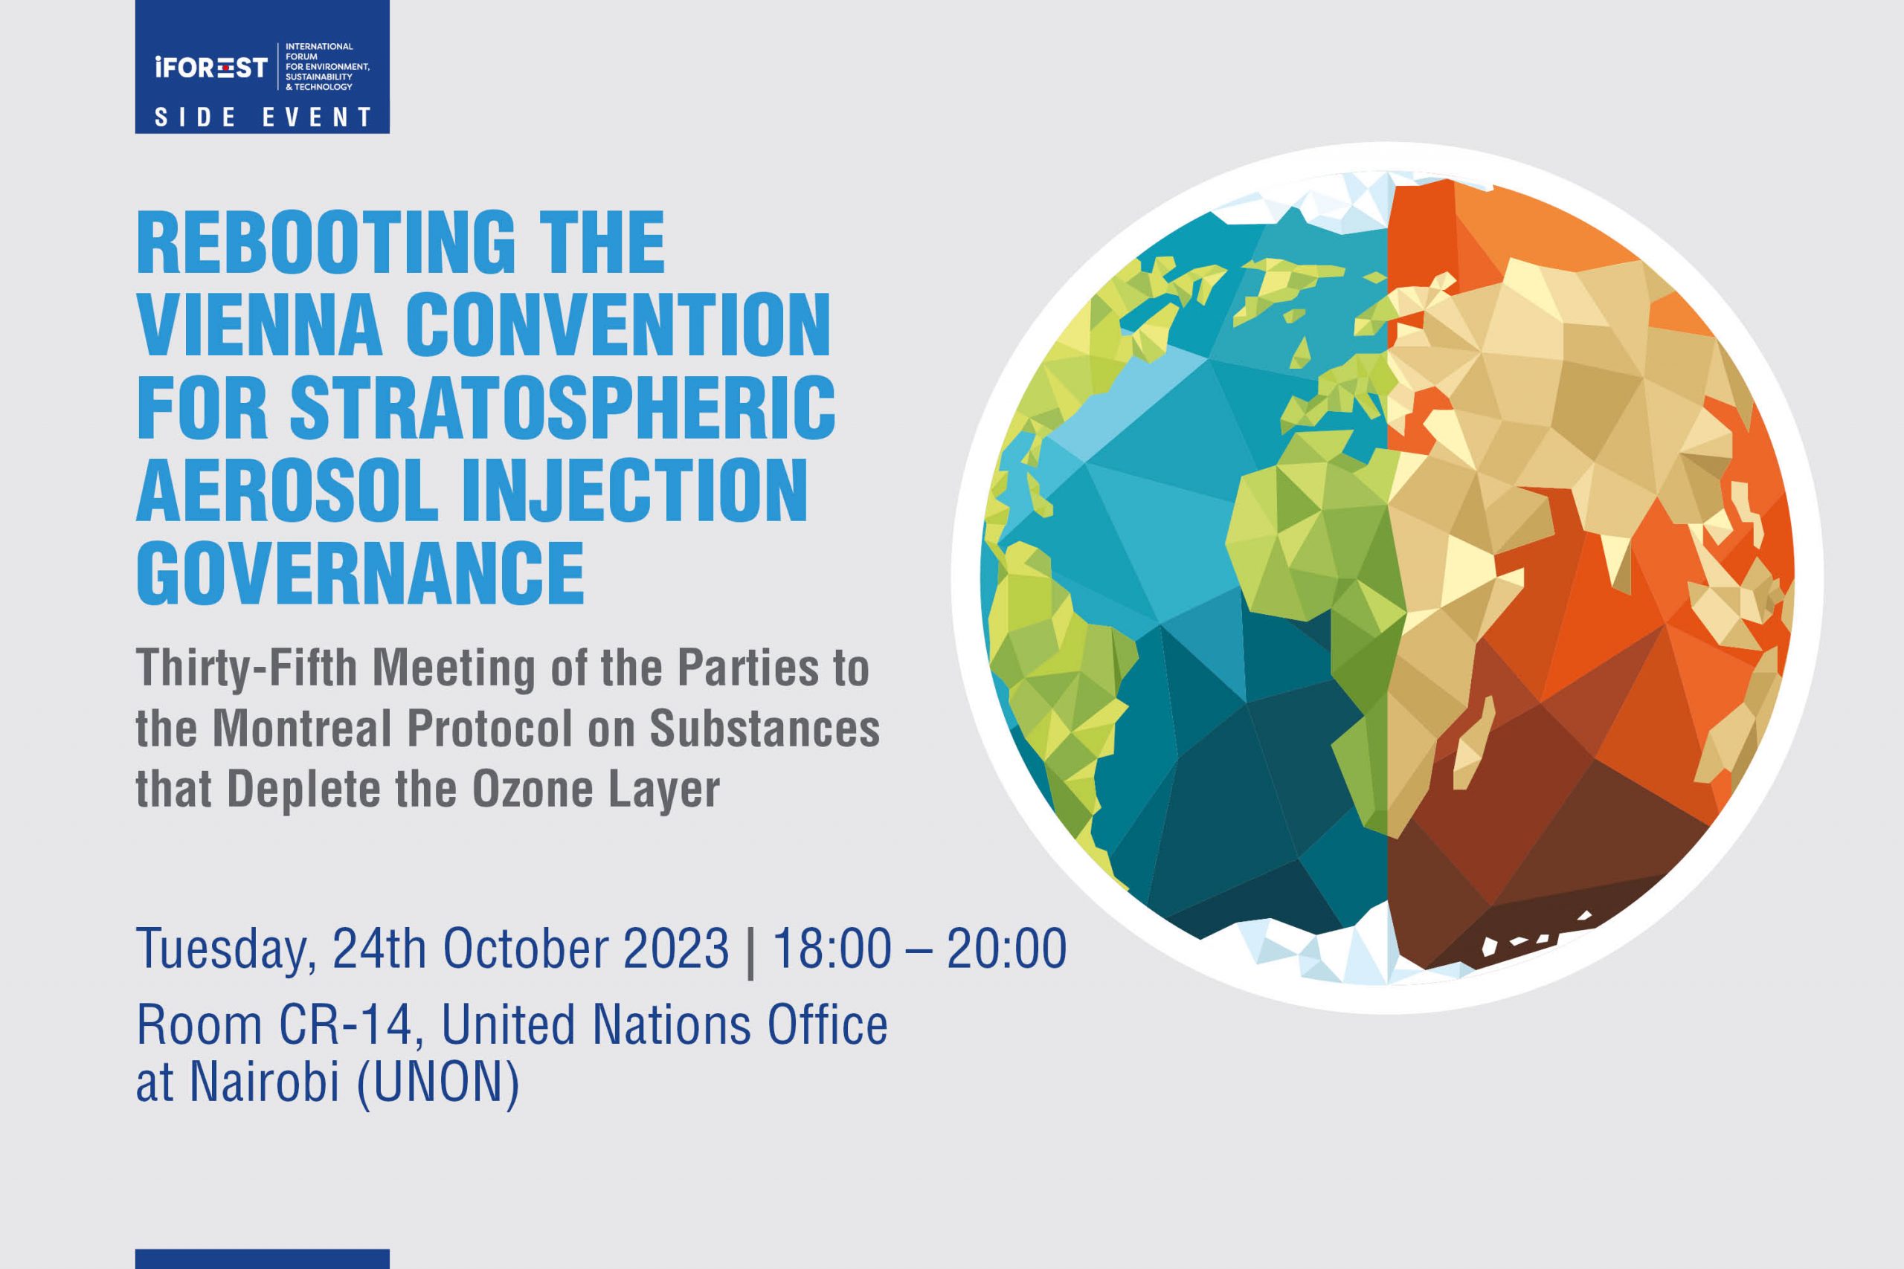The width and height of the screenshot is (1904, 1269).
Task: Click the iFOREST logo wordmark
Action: pos(210,67)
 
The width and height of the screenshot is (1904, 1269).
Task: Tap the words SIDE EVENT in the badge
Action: pos(263,117)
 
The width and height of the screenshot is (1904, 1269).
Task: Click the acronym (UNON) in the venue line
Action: pos(438,1083)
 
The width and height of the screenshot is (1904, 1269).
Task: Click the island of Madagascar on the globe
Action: pos(1473,743)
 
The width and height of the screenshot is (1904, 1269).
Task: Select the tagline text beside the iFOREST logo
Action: pos(327,66)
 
